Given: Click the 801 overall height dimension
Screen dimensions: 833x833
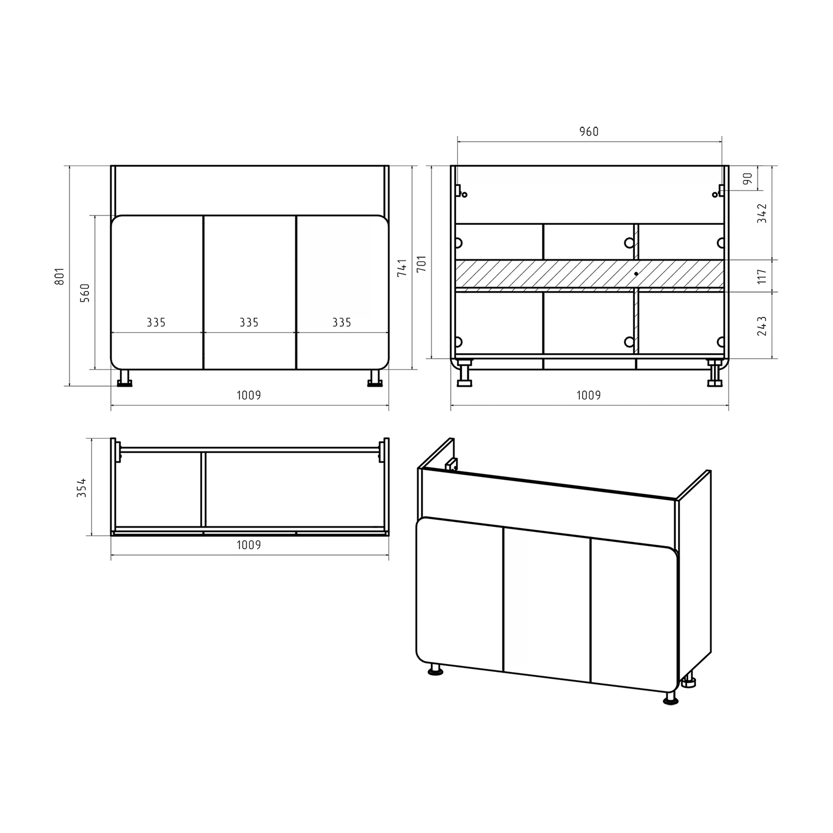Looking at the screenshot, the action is [61, 275].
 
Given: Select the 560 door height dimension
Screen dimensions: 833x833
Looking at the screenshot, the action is [85, 292].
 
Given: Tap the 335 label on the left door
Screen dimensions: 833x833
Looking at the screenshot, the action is [156, 323].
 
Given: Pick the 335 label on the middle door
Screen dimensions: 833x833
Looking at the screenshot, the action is [249, 323].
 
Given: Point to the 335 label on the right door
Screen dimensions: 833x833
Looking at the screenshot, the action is [342, 323].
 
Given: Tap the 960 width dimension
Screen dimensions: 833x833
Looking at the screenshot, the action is [589, 132].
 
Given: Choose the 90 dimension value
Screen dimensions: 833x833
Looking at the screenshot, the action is [747, 179].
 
